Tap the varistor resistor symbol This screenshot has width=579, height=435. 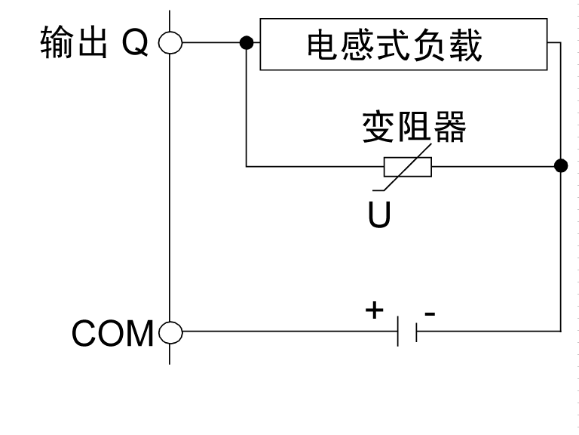point(408,166)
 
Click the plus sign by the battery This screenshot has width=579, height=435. point(375,310)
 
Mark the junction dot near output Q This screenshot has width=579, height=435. point(246,43)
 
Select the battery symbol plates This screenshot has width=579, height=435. point(406,331)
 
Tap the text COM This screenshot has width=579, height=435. point(113,333)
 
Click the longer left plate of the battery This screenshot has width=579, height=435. point(398,331)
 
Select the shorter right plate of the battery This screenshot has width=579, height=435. point(415,331)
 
